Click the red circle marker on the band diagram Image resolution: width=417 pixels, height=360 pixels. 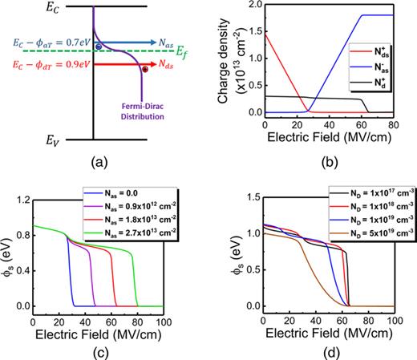[x=144, y=71]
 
